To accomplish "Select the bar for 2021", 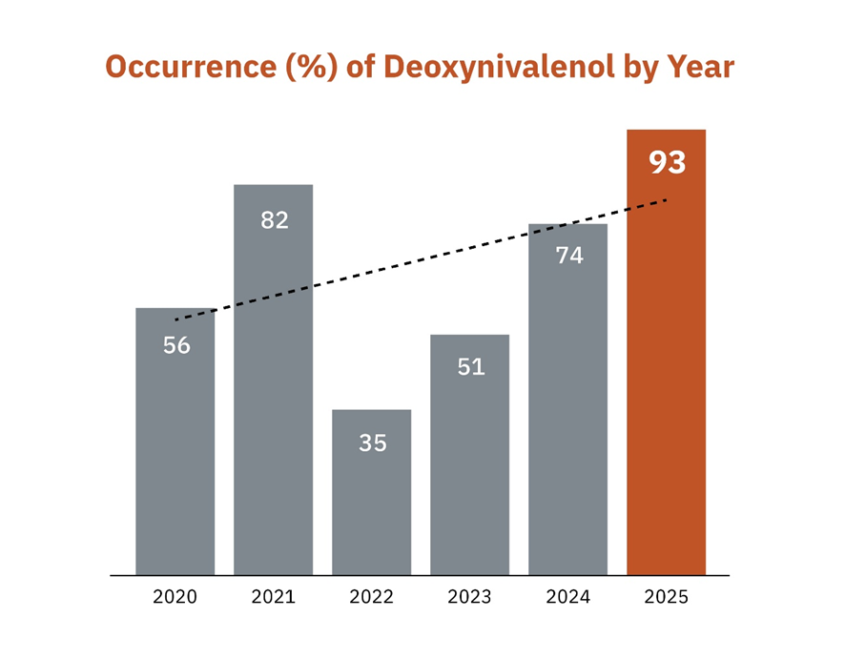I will pos(274,401).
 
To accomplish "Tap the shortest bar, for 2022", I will pos(372,505).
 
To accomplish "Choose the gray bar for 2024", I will pos(568,420).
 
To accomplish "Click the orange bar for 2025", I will pos(667,381).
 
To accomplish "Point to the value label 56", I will pos(176,346).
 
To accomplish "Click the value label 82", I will pos(275,220).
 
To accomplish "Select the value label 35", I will pos(373,443).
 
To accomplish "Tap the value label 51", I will pos(471,366).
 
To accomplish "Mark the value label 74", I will pos(569,256).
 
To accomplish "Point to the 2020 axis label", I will pos(175,598).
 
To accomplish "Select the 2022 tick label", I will pos(372,598).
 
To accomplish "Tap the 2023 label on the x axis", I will pos(470,598).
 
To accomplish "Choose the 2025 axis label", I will pos(667,598).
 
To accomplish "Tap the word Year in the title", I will pos(700,68).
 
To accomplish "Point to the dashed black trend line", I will pos(420,259).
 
